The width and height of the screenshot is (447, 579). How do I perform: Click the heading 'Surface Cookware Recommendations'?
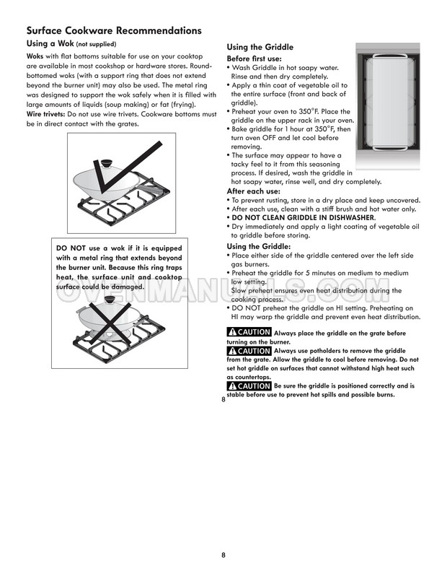pyautogui.click(x=113, y=31)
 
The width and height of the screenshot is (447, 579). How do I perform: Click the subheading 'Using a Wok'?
pyautogui.click(x=50, y=45)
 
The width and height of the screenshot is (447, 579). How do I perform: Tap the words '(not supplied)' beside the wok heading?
pyautogui.click(x=96, y=45)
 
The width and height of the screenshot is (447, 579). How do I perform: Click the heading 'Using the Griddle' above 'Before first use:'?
pyautogui.click(x=261, y=47)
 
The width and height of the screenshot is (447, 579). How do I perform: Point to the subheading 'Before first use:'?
pyautogui.click(x=254, y=58)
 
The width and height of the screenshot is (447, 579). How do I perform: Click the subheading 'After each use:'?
pyautogui.click(x=252, y=191)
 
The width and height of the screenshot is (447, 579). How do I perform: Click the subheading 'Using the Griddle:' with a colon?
pyautogui.click(x=258, y=246)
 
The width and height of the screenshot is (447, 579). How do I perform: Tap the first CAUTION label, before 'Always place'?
pyautogui.click(x=249, y=332)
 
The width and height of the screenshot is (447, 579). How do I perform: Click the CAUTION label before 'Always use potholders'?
pyautogui.click(x=249, y=350)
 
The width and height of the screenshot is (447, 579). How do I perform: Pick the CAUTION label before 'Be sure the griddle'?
pyautogui.click(x=249, y=386)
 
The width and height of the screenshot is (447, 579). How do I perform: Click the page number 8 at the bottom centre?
pyautogui.click(x=223, y=554)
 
